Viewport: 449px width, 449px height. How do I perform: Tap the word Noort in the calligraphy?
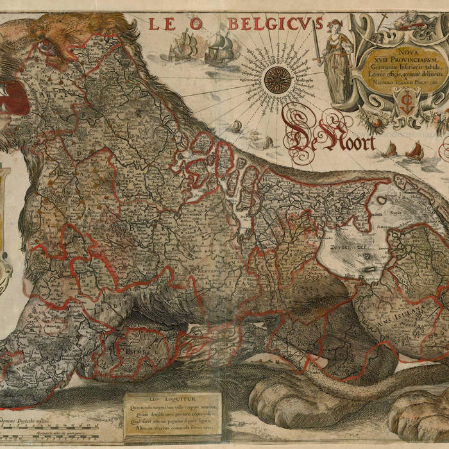pyautogui.click(x=350, y=141)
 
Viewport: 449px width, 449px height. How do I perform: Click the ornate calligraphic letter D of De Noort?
pyautogui.click(x=301, y=128)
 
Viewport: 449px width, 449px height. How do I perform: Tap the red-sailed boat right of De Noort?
pyautogui.click(x=414, y=151)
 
